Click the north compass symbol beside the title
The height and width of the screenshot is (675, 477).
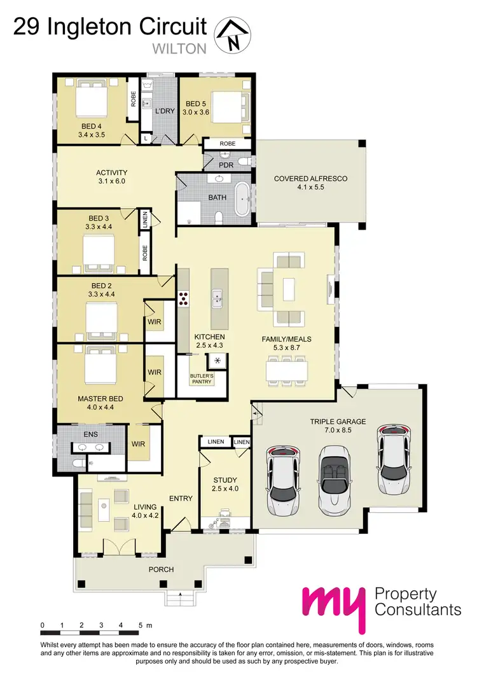pyautogui.click(x=233, y=35)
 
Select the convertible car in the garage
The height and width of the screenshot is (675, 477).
pyautogui.click(x=335, y=478)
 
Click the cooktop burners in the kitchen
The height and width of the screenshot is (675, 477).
pyautogui.click(x=184, y=298)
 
